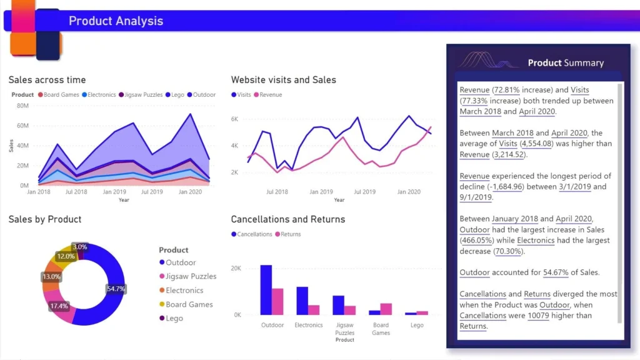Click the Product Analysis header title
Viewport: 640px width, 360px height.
pyautogui.click(x=116, y=21)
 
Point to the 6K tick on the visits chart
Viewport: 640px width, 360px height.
pyautogui.click(x=235, y=119)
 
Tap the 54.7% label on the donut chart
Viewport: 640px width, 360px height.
pyautogui.click(x=116, y=289)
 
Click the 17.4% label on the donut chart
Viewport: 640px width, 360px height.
pyautogui.click(x=59, y=306)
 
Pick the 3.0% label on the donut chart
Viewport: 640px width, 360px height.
pyautogui.click(x=79, y=247)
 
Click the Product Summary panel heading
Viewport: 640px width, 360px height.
pyautogui.click(x=566, y=62)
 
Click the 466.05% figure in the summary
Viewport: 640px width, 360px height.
pyautogui.click(x=477, y=240)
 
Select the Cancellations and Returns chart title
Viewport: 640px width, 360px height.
pyautogui.click(x=287, y=219)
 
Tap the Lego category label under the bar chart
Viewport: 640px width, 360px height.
pyautogui.click(x=417, y=325)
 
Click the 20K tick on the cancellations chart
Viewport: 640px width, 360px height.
pyautogui.click(x=236, y=268)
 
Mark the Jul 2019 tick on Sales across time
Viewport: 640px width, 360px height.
pyautogui.click(x=152, y=192)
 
